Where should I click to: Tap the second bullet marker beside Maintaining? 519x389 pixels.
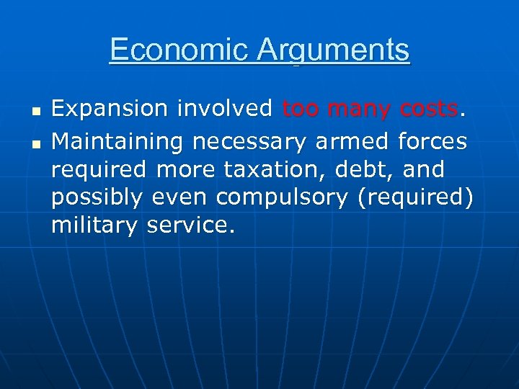[34, 143]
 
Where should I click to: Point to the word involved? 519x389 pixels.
[225, 109]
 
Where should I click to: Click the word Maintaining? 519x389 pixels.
[118, 140]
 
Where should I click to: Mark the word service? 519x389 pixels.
[189, 226]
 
